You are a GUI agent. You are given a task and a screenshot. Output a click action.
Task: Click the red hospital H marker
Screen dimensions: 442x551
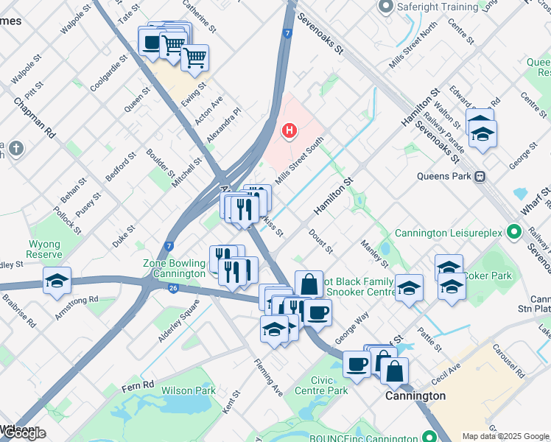pyautogui.click(x=289, y=131)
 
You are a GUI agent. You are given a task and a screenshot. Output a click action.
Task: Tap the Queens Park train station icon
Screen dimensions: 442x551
pyautogui.click(x=480, y=176)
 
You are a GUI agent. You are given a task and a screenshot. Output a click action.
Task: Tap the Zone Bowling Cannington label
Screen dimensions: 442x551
pyautogui.click(x=174, y=268)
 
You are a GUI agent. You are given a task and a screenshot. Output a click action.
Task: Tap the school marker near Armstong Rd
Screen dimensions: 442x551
pyautogui.click(x=57, y=281)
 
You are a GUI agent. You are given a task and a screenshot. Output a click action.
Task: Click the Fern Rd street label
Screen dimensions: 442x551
pyautogui.click(x=138, y=385)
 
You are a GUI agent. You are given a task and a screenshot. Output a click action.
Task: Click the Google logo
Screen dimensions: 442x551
pyautogui.click(x=24, y=433)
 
